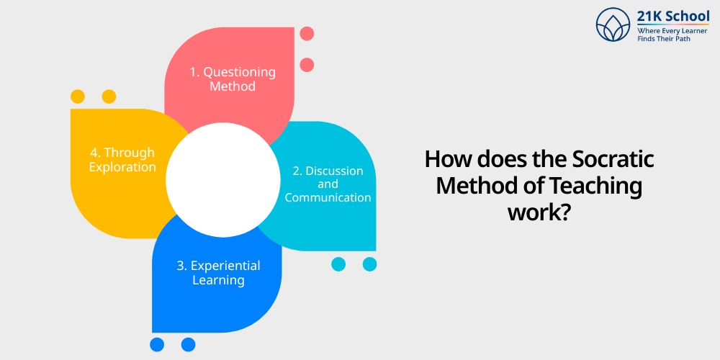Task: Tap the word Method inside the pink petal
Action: (x=233, y=86)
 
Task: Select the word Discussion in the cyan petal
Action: (x=334, y=171)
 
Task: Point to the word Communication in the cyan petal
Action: (x=328, y=197)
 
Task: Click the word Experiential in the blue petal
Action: (x=226, y=266)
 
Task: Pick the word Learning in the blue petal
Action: (x=218, y=280)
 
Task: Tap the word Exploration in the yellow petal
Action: (x=122, y=167)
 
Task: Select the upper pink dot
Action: (x=307, y=33)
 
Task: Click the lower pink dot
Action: (x=307, y=65)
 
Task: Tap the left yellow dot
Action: (x=78, y=96)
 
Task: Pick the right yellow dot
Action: (x=109, y=96)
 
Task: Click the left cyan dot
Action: (x=338, y=264)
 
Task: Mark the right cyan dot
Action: (x=369, y=264)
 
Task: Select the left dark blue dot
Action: (x=157, y=345)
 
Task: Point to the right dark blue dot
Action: (x=188, y=345)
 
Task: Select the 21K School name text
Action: (x=673, y=17)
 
